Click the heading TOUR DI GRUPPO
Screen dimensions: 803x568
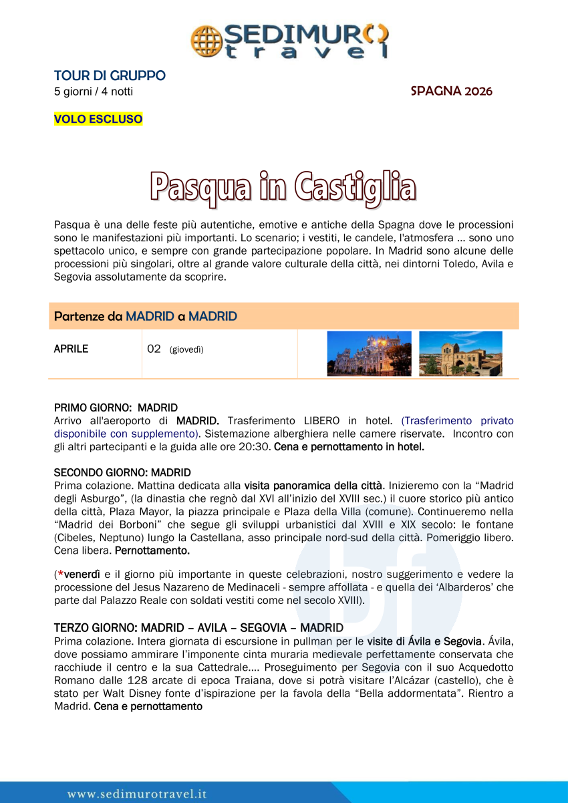(110, 76)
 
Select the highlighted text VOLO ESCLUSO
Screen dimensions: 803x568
(98, 120)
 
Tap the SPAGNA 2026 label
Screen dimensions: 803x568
(451, 92)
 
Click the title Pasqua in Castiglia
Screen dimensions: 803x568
(283, 187)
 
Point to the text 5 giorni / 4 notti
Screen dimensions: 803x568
(94, 92)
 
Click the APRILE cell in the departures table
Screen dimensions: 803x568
(71, 349)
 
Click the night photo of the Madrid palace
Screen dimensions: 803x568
(369, 354)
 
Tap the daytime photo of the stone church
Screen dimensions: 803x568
(460, 354)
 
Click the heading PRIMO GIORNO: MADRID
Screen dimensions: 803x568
(116, 408)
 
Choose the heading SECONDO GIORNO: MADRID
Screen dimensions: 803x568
(122, 473)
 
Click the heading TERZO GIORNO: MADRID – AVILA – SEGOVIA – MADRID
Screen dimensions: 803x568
(198, 628)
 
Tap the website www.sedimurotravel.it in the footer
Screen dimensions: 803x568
(136, 794)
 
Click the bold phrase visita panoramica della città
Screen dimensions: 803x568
(313, 486)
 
